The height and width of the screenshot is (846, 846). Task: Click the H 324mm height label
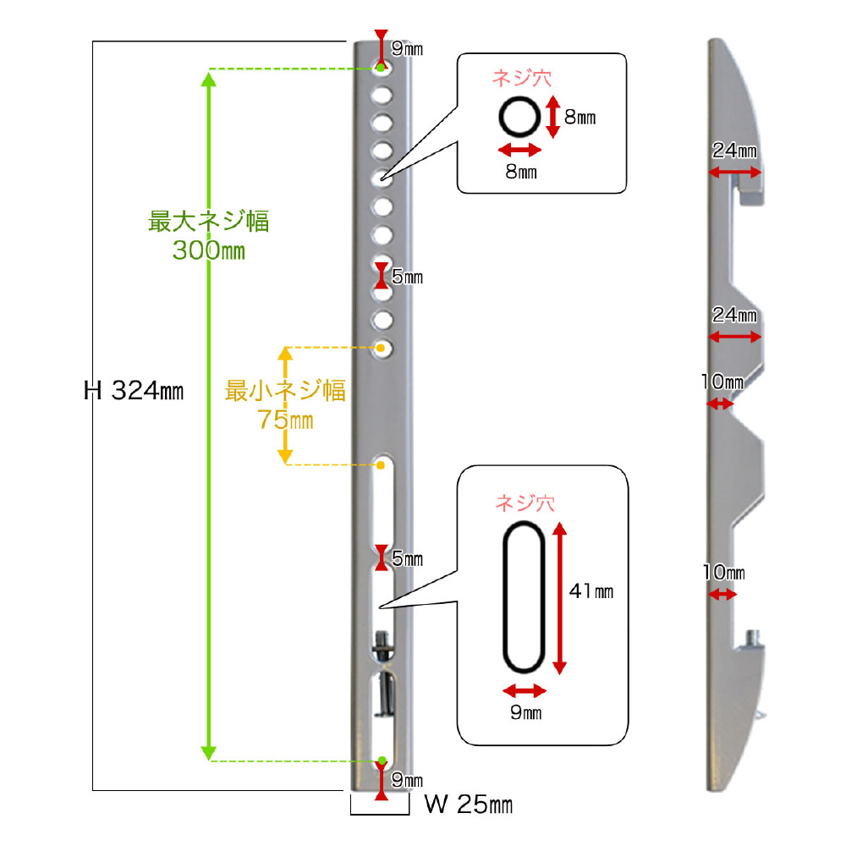coord(135,390)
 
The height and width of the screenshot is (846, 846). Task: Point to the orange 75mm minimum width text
coord(286,420)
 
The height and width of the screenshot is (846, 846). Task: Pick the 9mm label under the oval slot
coord(526,713)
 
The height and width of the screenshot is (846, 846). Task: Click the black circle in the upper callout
coord(518,116)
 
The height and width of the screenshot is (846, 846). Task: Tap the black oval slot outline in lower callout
coord(524,597)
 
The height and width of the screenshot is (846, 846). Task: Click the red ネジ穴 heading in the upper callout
coord(522,80)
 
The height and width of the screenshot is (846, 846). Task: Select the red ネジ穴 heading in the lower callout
coord(525,503)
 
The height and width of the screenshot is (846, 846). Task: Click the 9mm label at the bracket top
coord(406,49)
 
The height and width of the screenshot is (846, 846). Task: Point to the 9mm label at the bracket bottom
coord(406,779)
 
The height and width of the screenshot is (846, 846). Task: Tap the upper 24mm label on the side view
coord(734,151)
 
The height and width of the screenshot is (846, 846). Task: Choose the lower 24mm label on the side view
coord(734,316)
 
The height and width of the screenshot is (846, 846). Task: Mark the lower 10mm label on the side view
coord(722,573)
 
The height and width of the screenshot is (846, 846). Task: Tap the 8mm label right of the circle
coord(580,118)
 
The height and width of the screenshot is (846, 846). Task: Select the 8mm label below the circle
coord(521,172)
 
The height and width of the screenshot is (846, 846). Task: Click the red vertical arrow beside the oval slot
coord(559,597)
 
